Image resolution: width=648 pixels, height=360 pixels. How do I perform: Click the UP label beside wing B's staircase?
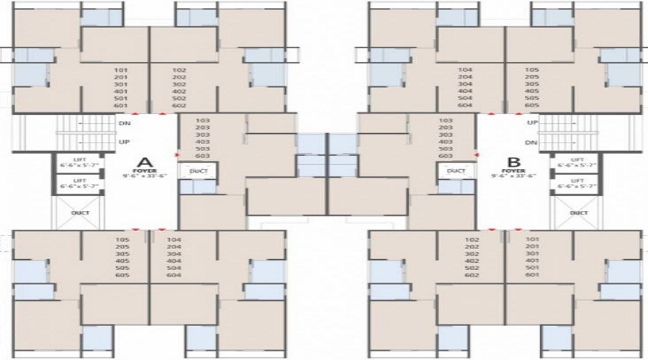(532, 123)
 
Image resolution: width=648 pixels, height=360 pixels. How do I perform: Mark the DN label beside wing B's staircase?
(532, 142)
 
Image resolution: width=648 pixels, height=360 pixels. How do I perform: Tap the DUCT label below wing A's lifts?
(79, 213)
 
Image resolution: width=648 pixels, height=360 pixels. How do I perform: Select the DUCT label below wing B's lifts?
(578, 213)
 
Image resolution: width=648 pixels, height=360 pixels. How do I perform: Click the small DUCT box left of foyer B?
(456, 171)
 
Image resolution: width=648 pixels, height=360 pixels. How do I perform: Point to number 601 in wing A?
(120, 106)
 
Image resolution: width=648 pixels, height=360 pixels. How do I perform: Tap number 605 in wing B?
(532, 106)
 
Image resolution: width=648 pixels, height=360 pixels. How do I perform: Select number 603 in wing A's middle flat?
(202, 156)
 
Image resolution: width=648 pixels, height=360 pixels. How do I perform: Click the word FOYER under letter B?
(513, 171)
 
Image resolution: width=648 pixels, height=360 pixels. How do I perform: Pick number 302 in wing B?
(472, 254)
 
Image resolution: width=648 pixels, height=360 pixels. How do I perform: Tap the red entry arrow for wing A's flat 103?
(176, 154)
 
